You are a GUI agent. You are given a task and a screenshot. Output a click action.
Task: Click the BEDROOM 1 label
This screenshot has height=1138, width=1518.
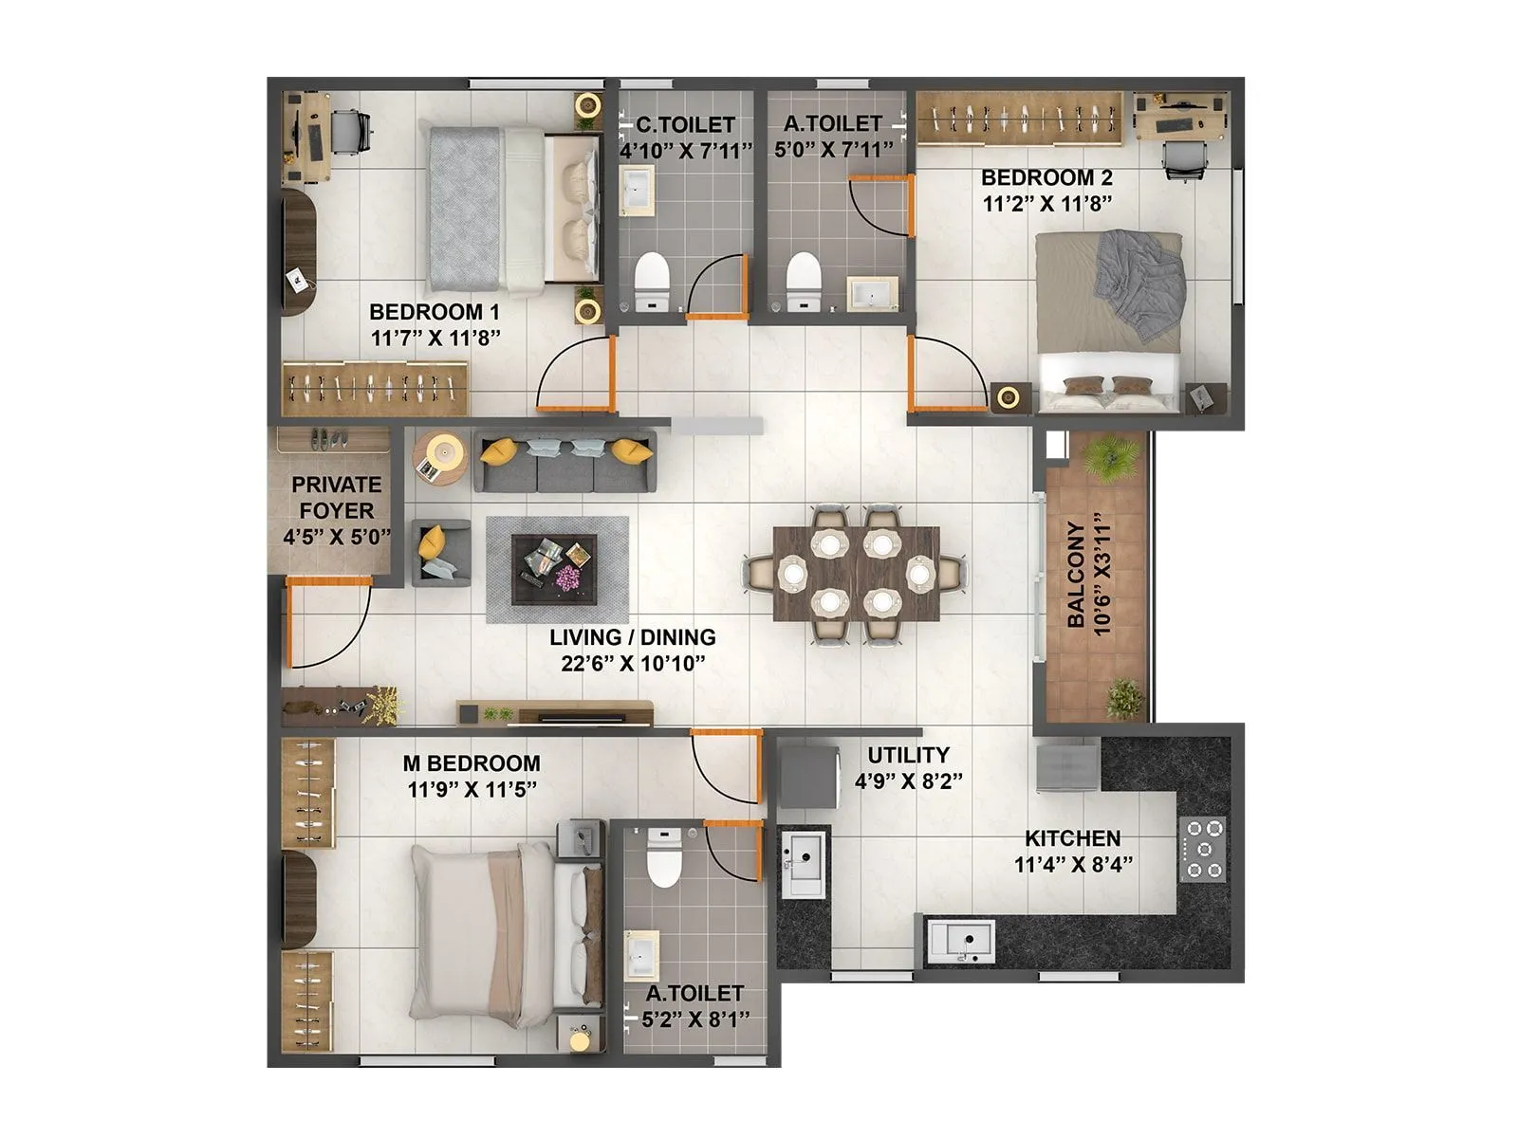(x=435, y=312)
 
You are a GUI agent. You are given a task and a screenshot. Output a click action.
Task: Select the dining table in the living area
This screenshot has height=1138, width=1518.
(x=856, y=574)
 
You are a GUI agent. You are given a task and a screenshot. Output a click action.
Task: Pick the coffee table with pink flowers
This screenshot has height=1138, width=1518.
(x=554, y=569)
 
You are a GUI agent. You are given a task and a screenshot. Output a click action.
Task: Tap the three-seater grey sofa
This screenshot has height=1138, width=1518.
(x=565, y=461)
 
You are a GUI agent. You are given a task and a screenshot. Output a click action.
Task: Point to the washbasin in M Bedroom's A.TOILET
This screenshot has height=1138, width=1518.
(x=643, y=955)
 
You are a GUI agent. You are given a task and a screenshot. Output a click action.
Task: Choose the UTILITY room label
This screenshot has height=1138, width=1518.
(x=908, y=755)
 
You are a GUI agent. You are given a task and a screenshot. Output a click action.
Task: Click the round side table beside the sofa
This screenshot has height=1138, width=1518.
(x=440, y=459)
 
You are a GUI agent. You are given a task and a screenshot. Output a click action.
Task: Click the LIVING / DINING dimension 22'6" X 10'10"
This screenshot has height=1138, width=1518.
(x=632, y=663)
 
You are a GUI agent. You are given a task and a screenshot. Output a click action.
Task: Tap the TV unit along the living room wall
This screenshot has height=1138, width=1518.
(x=555, y=712)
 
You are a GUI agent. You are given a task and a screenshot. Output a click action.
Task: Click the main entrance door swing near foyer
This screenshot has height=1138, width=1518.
(x=327, y=626)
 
